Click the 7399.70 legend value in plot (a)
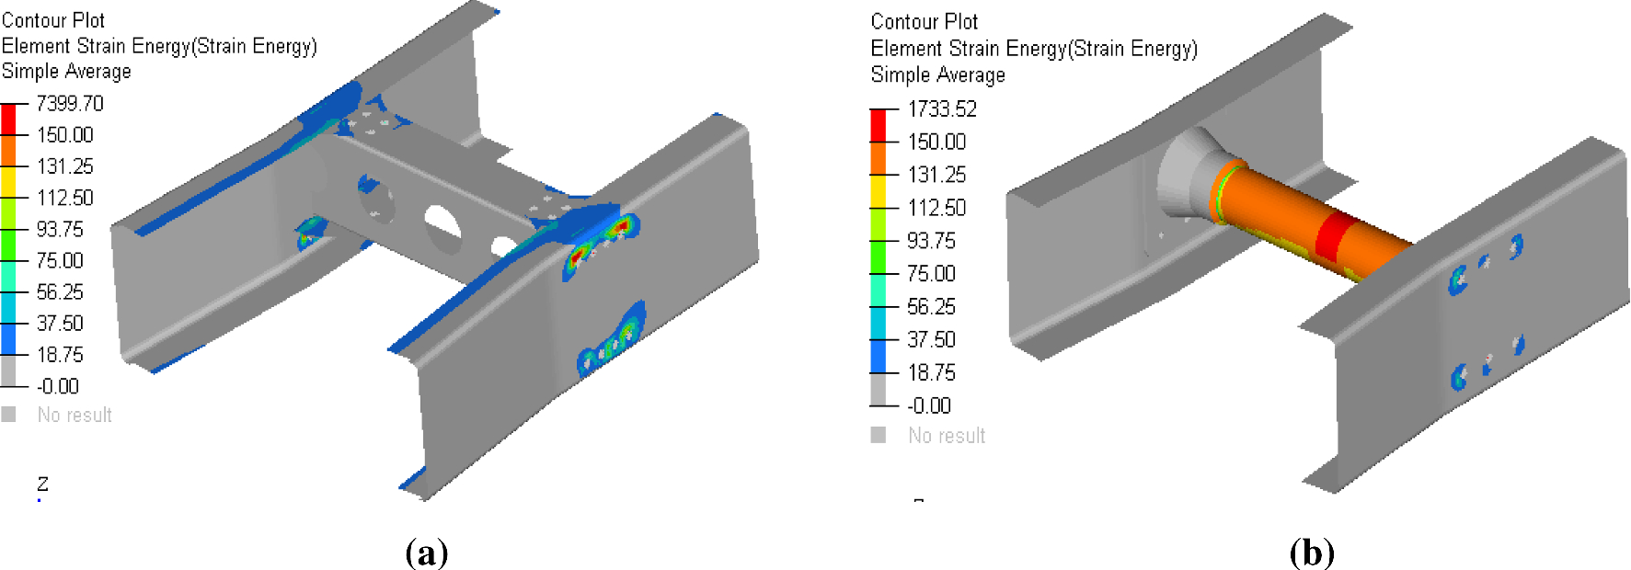pyautogui.click(x=69, y=104)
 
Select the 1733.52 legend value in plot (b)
pyautogui.click(x=941, y=109)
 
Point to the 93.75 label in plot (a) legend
pyautogui.click(x=60, y=230)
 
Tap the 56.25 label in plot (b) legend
pyautogui.click(x=931, y=307)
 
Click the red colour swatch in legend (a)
pyautogui.click(x=8, y=120)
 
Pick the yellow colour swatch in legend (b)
pyautogui.click(x=879, y=192)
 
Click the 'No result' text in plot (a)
pyautogui.click(x=75, y=416)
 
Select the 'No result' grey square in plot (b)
pyautogui.click(x=879, y=435)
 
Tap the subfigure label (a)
pyautogui.click(x=426, y=553)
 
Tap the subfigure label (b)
pyautogui.click(x=1312, y=553)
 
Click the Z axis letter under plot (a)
pyautogui.click(x=42, y=484)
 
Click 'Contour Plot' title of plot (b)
pyautogui.click(x=924, y=22)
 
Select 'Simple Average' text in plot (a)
pyautogui.click(x=66, y=72)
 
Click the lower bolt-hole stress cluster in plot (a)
pyautogui.click(x=610, y=343)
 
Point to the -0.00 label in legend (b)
pyautogui.click(x=929, y=406)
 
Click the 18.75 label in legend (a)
pyautogui.click(x=60, y=355)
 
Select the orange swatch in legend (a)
pyautogui.click(x=8, y=151)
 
